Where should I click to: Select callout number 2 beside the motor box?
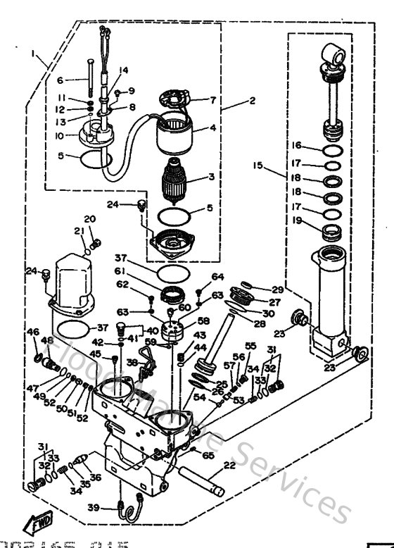252,101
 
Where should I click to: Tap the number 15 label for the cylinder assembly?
259,166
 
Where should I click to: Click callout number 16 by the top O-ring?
298,145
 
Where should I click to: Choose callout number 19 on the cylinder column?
298,220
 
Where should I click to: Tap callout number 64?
217,276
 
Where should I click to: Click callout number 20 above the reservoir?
89,218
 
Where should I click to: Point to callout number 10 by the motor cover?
60,135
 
